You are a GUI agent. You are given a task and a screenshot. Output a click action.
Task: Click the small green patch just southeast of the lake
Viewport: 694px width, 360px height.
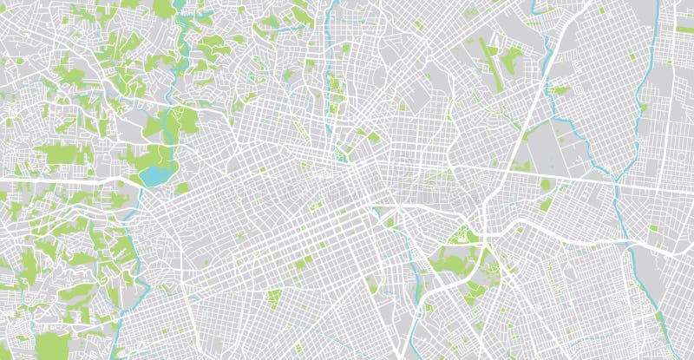pyautogui.click(x=182, y=187)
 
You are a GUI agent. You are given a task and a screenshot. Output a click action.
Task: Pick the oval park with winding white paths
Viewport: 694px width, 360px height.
pyautogui.click(x=459, y=235)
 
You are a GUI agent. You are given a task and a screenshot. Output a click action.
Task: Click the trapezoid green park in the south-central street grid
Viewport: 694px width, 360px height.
pyautogui.click(x=274, y=298)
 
